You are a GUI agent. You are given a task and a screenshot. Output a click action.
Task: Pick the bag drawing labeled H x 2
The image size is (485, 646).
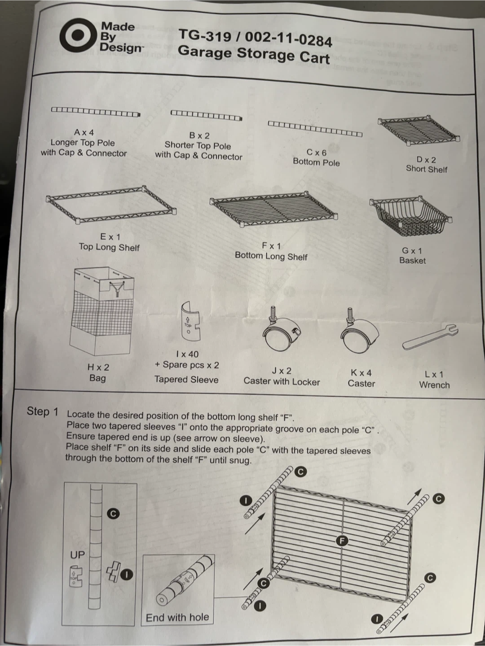(x=101, y=311)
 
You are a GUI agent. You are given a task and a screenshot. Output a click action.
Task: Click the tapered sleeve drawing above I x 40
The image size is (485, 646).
(x=190, y=321)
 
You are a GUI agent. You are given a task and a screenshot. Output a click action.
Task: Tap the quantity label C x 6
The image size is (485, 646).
(x=317, y=153)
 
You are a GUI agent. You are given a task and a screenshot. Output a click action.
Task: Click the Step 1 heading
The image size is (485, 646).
(x=42, y=411)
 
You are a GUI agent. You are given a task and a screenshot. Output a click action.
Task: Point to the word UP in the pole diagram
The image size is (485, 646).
(x=77, y=555)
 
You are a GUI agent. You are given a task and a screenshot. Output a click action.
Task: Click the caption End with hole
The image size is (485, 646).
(x=177, y=617)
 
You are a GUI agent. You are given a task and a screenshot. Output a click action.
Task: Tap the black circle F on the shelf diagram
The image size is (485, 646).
(x=342, y=541)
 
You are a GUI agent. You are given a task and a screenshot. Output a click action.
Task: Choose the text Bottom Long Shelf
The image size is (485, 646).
(x=271, y=256)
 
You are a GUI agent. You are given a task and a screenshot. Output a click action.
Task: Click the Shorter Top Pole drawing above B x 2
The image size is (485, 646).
(x=207, y=115)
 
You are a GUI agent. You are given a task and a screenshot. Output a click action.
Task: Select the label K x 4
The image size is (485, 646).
(x=362, y=373)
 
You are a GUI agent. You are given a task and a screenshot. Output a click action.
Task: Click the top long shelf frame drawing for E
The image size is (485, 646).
(x=111, y=204)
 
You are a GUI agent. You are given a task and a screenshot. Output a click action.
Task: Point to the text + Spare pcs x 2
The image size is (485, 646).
(x=187, y=365)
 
